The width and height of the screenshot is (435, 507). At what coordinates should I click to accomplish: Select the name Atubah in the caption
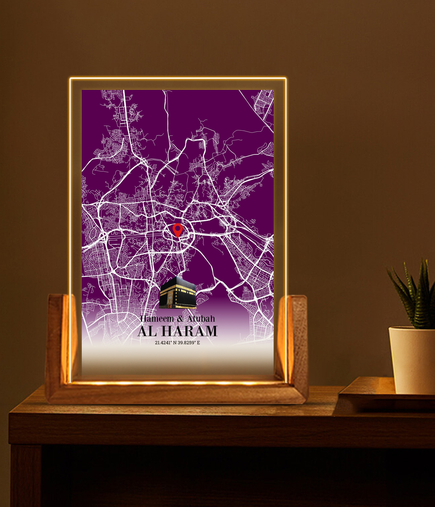(201, 319)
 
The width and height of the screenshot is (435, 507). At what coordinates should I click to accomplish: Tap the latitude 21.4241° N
(165, 343)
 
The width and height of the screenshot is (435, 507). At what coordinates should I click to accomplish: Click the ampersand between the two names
(181, 319)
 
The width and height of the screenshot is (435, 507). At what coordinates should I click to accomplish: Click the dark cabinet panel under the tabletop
(217, 478)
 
